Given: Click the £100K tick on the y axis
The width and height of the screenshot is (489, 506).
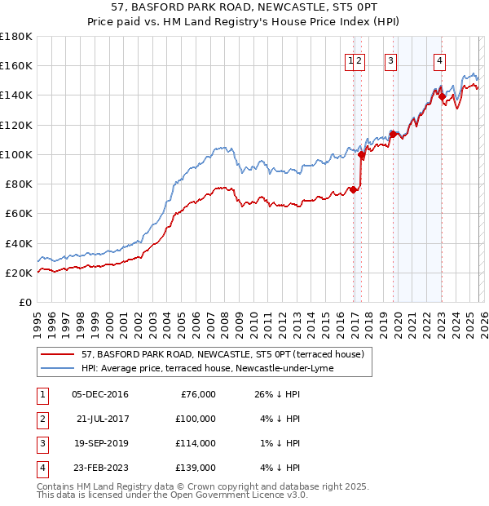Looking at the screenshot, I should pyautogui.click(x=16, y=154).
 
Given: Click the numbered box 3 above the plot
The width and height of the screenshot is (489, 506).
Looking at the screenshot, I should pyautogui.click(x=391, y=60).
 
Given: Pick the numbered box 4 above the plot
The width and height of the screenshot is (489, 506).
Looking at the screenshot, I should pyautogui.click(x=439, y=60).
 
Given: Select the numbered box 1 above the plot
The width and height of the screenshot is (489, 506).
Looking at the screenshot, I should pyautogui.click(x=350, y=60).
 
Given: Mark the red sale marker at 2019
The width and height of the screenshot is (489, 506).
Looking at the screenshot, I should pyautogui.click(x=392, y=134).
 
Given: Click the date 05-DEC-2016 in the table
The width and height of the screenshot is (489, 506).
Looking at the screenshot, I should pyautogui.click(x=99, y=394).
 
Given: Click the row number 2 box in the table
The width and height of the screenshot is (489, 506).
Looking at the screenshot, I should pyautogui.click(x=40, y=419).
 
